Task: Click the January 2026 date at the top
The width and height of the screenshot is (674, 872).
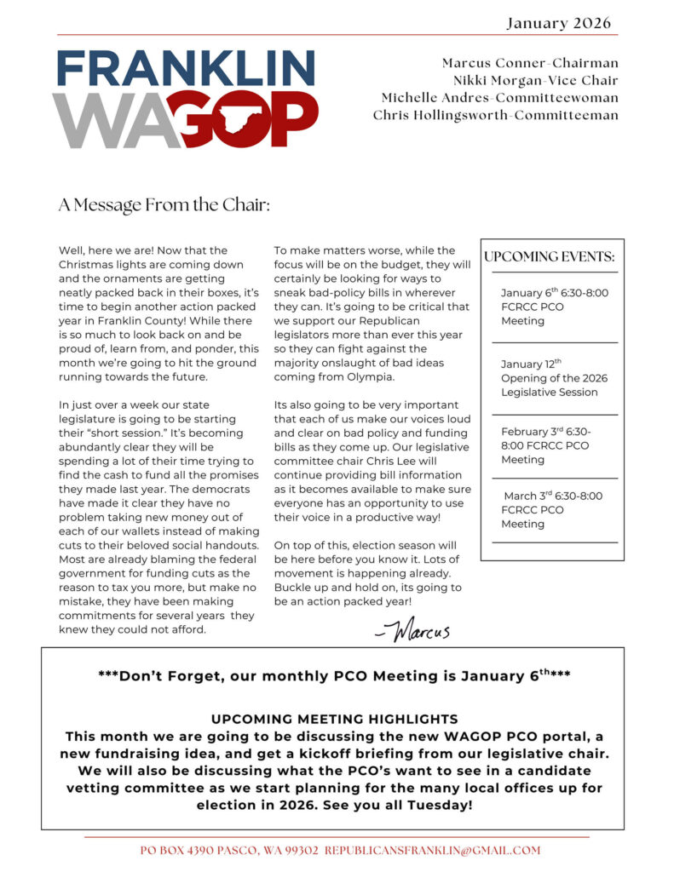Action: point(558,23)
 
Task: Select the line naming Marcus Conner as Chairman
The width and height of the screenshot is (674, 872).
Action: point(530,63)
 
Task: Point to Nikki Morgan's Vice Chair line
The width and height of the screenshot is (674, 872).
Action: point(535,80)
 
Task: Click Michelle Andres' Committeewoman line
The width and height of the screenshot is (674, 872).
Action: point(499,98)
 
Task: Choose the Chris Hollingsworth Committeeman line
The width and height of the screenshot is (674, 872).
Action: point(495,115)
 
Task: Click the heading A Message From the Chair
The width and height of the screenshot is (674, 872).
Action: point(164,204)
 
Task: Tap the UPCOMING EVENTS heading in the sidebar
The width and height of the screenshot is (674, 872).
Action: point(549,256)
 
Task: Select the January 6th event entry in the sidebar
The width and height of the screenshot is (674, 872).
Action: point(554,307)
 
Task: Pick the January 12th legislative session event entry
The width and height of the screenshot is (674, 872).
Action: point(554,378)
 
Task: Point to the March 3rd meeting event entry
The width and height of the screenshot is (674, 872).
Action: point(552,509)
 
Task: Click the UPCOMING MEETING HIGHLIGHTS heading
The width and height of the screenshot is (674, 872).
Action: point(334,719)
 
